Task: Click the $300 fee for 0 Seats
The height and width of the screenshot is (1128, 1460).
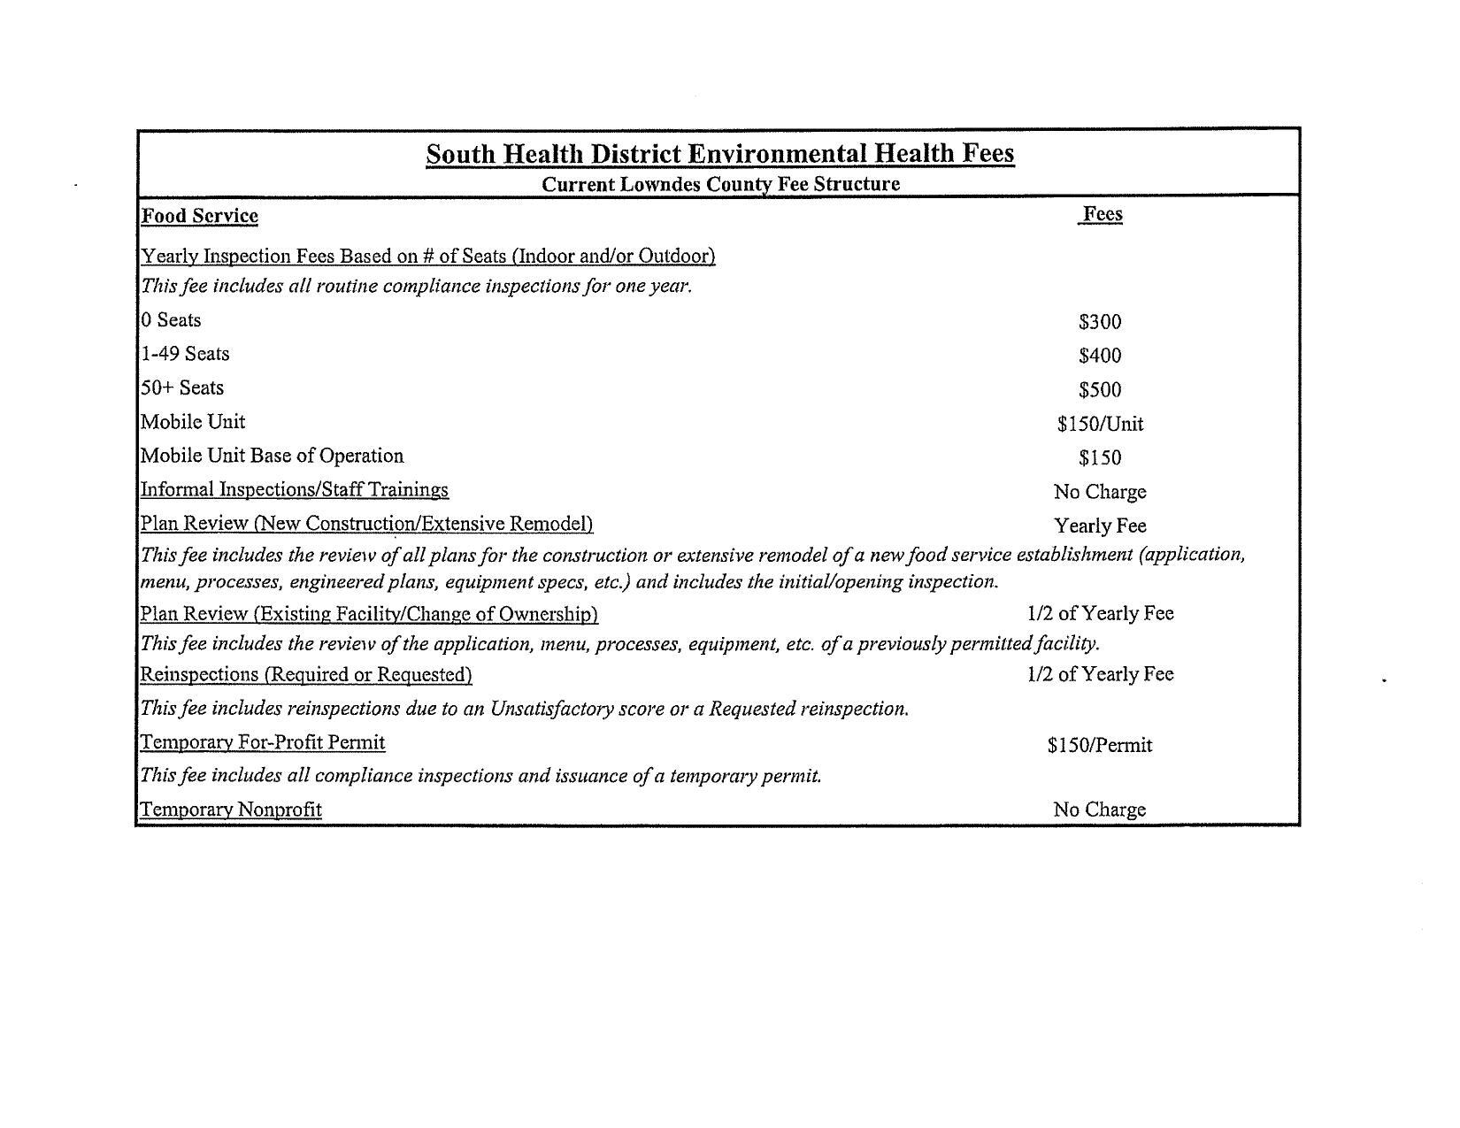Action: click(x=1100, y=322)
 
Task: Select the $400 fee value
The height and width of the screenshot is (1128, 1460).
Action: click(x=1100, y=356)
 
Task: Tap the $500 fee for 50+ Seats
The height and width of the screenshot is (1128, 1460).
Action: click(x=1100, y=390)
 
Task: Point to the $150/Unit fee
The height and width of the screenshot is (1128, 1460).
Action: click(x=1100, y=424)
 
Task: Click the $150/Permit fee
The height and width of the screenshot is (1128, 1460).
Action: click(x=1100, y=745)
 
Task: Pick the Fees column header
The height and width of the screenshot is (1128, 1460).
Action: click(x=1102, y=214)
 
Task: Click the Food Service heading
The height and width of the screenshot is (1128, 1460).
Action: click(x=200, y=216)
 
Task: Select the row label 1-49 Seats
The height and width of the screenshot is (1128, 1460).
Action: click(x=185, y=354)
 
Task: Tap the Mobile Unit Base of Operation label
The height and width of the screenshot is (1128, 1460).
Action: click(x=273, y=456)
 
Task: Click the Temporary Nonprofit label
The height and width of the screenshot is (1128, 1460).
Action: click(x=231, y=810)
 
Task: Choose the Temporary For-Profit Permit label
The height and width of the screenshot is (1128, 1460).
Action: click(x=263, y=742)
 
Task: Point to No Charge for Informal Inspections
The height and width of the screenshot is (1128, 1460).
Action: click(x=1100, y=492)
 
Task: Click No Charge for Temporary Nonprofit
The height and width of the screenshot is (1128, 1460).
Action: click(x=1100, y=810)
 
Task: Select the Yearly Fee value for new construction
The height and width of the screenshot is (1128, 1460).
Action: click(x=1100, y=526)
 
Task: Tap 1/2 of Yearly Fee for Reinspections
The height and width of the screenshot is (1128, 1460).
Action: click(x=1100, y=674)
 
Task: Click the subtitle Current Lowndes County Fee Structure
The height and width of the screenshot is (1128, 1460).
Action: click(x=720, y=184)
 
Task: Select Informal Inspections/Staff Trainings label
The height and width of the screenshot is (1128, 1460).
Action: click(x=295, y=489)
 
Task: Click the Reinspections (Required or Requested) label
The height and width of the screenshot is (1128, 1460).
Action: click(x=306, y=674)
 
